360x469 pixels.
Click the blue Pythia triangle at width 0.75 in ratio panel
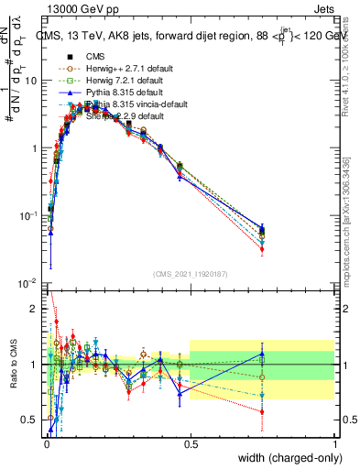262,354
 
